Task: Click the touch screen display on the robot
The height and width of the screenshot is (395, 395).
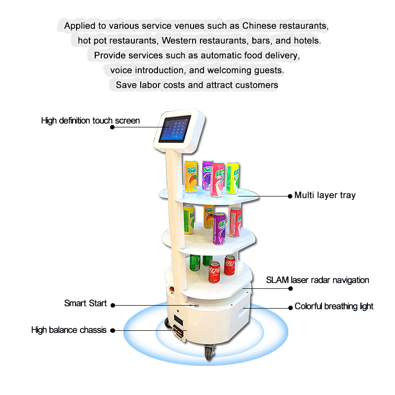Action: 175,130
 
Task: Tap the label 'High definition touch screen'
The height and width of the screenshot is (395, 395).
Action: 90,120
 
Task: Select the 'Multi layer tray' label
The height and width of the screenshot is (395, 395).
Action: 325,196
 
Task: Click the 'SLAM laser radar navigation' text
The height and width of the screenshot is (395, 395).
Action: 317,280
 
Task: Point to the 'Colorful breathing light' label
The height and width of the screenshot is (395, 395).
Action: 334,307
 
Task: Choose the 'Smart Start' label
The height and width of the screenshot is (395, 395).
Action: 85,303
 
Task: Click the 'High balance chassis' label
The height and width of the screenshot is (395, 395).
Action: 69,330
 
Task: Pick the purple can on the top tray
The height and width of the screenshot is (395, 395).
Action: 207,174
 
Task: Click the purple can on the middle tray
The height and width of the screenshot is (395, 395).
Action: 219,228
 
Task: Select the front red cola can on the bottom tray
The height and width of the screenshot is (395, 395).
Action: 214,272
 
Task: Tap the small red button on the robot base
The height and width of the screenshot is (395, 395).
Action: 172,289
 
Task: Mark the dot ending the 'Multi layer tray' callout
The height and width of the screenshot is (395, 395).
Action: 290,196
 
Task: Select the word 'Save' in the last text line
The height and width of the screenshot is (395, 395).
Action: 126,85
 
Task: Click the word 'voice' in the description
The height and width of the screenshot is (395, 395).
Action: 121,70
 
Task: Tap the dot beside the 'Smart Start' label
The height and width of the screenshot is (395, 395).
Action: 113,305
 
